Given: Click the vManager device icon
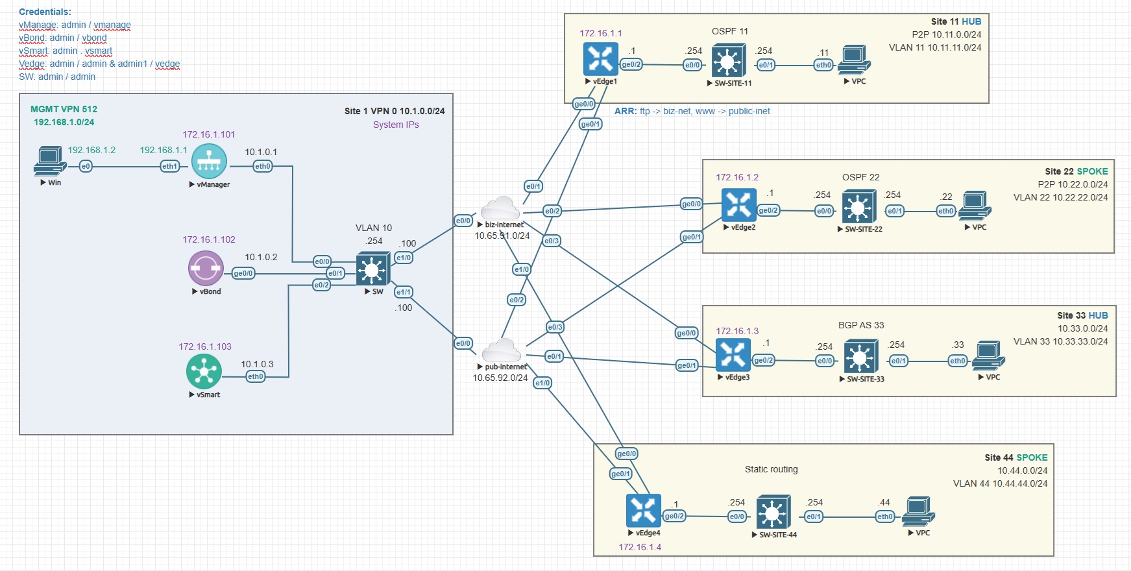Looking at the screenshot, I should coord(209,161).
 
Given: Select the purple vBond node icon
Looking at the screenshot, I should coord(206,268).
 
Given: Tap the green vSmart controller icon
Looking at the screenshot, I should coord(204,372).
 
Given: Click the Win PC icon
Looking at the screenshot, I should coord(50,161).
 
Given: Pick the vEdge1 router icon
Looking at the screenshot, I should coord(600,60).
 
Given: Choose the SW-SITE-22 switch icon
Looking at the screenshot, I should coord(858,208).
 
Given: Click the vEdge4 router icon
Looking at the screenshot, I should coord(643,511).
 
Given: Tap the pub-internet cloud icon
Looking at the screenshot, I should coord(501,350).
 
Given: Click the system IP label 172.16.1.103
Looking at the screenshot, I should coord(205,346).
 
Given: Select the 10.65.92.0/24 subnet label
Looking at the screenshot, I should coord(500,378).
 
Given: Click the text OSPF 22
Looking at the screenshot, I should coord(860,177).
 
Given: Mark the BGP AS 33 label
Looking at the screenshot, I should coord(861,325).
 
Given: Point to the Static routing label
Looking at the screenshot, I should coord(771,469).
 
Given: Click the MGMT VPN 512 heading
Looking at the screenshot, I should coord(64,109).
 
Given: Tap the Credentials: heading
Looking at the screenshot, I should coord(45,12).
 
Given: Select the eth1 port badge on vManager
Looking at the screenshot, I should coord(169,167).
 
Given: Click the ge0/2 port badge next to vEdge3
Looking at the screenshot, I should coord(763,360).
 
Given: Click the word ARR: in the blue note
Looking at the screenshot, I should coord(626,111).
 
